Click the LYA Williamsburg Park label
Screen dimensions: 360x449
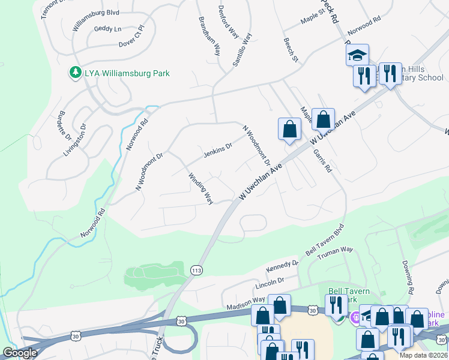[127, 73]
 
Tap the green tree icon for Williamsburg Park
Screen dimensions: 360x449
[76, 73]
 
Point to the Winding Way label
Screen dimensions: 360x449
[201, 188]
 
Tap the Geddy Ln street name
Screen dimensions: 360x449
[107, 29]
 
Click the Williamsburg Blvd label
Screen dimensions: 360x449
[96, 11]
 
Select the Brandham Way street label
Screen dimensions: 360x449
[209, 35]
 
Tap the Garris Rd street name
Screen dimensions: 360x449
[322, 161]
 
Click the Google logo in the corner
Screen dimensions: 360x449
[20, 353]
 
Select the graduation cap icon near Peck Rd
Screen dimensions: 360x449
[357, 55]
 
